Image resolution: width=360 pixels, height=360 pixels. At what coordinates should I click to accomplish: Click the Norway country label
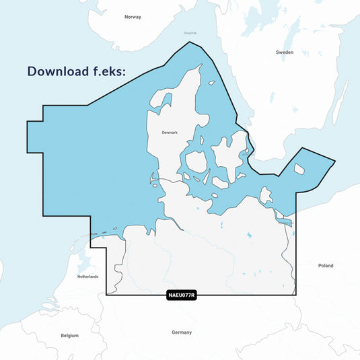click(x=133, y=17)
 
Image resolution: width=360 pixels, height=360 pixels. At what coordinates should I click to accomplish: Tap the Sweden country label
click(x=285, y=52)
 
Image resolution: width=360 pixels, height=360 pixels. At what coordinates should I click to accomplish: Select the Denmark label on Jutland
click(x=170, y=133)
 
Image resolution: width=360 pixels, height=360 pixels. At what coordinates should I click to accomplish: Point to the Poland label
click(x=326, y=266)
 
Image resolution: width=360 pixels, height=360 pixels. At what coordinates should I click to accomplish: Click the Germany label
click(x=182, y=332)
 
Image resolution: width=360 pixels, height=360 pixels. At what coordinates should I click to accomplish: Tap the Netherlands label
click(x=87, y=277)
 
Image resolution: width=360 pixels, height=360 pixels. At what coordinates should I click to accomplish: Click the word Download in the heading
click(x=63, y=71)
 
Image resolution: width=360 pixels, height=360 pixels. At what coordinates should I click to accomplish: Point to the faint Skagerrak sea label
click(x=190, y=33)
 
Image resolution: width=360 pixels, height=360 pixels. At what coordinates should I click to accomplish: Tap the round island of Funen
click(x=196, y=162)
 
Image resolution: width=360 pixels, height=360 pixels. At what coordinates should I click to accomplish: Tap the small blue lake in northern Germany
click(x=248, y=236)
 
